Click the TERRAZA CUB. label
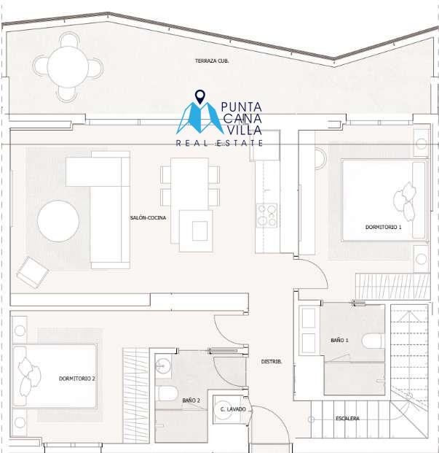(x=212, y=61)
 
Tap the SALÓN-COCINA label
(x=148, y=218)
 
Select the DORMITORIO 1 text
(x=384, y=227)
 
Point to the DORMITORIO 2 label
(x=77, y=379)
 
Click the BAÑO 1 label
(x=339, y=341)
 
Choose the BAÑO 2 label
(x=191, y=400)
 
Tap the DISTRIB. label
(x=272, y=361)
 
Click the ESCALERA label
(x=347, y=418)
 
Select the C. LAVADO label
(x=233, y=409)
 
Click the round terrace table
(x=68, y=66)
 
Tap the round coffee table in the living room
(x=58, y=221)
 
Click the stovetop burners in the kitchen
(x=267, y=215)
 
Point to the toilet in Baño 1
(x=373, y=341)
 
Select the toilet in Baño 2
(x=167, y=393)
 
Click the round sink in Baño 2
(x=162, y=367)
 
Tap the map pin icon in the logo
(x=199, y=97)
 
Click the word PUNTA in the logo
(x=241, y=107)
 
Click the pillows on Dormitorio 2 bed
(x=29, y=376)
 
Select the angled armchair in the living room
(x=33, y=272)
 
